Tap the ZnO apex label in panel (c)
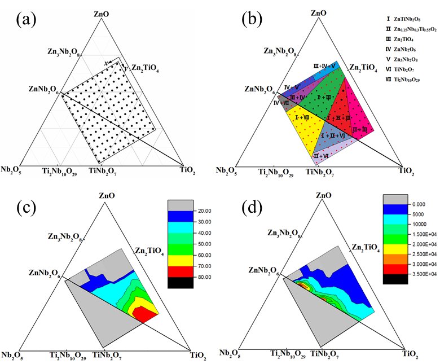(105, 196)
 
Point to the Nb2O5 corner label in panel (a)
(12, 169)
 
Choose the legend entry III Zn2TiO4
(398, 40)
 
